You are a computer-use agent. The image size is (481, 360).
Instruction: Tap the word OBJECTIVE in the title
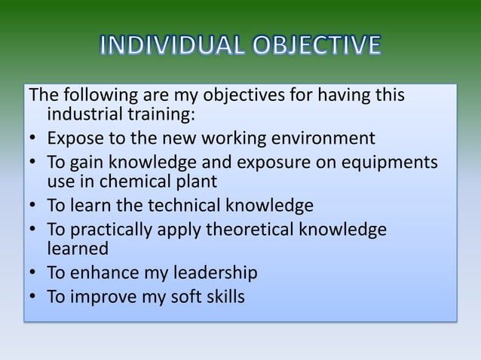(x=311, y=47)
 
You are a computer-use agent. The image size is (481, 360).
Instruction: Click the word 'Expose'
(x=72, y=139)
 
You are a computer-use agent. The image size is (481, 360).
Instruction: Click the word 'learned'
(x=78, y=248)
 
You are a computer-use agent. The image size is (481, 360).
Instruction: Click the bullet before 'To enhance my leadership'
(x=34, y=273)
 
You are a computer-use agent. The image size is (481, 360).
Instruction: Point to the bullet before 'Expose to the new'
(x=34, y=139)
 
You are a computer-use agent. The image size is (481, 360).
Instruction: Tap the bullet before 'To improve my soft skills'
(x=34, y=297)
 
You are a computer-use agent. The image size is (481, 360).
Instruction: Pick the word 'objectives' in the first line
(x=244, y=96)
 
